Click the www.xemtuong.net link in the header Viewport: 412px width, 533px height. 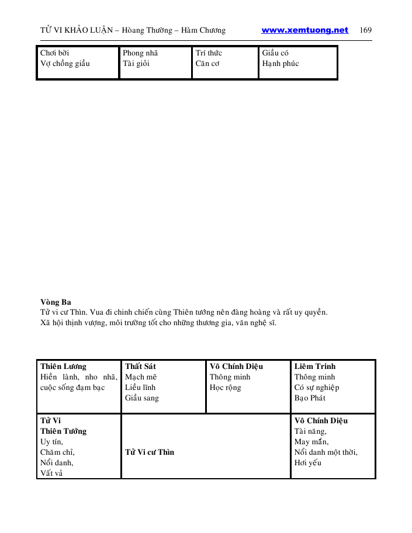coord(304,30)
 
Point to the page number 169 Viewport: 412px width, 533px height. coord(366,30)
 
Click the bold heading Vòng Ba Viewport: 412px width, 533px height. coord(56,302)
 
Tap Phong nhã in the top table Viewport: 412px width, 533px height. coord(140,53)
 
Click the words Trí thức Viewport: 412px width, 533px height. coord(209,53)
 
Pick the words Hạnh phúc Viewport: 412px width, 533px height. coord(281,64)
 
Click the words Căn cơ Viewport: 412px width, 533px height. coord(207,64)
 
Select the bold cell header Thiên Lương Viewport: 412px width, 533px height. coord(63,367)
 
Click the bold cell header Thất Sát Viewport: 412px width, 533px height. coord(140,367)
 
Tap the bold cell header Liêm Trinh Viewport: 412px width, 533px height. coord(315,367)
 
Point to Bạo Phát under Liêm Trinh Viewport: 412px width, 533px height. coord(310,398)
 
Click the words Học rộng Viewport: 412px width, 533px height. coord(225,388)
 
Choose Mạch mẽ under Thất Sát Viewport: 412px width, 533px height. coord(141,377)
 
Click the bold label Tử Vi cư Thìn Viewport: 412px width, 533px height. coord(150,452)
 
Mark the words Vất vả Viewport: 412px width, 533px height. coord(51,473)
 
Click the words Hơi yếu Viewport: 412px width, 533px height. coord(308,463)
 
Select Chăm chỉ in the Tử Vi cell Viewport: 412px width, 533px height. coord(57,452)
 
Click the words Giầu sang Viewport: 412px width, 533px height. coord(142,398)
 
